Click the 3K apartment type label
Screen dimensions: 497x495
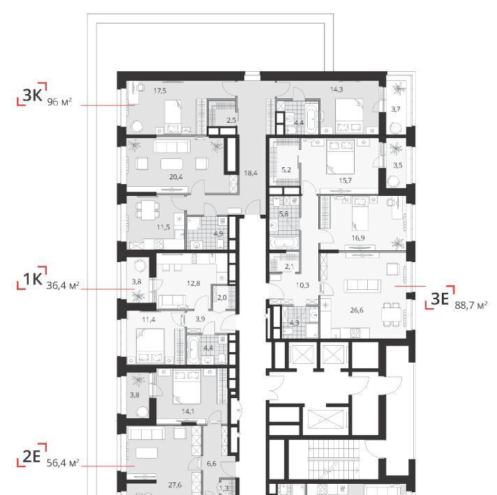tap(32, 94)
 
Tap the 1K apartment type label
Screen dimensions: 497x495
tap(33, 279)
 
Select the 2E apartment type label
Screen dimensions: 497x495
tap(31, 457)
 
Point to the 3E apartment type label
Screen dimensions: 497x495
tap(440, 298)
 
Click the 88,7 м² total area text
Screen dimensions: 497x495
tap(471, 305)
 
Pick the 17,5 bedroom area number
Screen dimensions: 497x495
tap(160, 91)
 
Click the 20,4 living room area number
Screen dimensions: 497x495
tap(176, 177)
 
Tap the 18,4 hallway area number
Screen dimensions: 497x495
tap(251, 173)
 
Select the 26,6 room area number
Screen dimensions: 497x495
tap(357, 310)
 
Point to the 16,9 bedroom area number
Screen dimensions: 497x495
tap(358, 238)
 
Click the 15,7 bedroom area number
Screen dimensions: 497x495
tap(345, 181)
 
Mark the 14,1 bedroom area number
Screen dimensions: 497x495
tap(188, 411)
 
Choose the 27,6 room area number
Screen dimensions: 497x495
tap(175, 485)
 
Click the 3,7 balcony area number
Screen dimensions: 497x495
tap(396, 109)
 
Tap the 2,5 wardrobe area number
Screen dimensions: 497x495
tap(231, 120)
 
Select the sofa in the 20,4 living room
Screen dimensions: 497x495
tap(172, 146)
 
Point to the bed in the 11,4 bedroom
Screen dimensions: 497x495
tap(150, 346)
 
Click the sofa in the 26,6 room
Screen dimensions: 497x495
tap(362, 285)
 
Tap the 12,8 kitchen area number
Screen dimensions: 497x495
tap(193, 283)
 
